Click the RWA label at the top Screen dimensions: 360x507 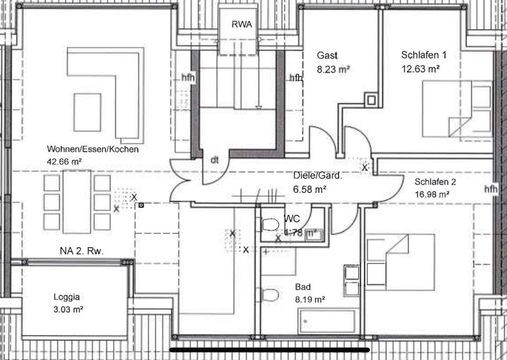[x=242, y=24]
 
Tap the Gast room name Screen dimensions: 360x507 [x=327, y=55]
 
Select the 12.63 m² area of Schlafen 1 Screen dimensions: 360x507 [x=420, y=69]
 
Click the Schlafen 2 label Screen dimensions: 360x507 [x=435, y=182]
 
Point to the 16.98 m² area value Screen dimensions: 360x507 [x=432, y=194]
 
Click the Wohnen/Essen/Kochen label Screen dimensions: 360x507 [x=93, y=149]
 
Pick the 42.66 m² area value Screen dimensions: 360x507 [x=65, y=162]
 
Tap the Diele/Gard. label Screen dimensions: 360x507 [x=318, y=176]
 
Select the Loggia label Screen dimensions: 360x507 [x=67, y=297]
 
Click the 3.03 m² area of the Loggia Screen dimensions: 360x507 [x=68, y=309]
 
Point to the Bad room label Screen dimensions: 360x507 [x=303, y=287]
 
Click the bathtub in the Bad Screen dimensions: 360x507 [x=327, y=321]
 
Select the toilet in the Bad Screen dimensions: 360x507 [x=270, y=295]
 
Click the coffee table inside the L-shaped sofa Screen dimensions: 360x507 [x=87, y=112]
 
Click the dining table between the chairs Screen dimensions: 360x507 [x=77, y=202]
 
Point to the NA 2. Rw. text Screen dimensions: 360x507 [x=82, y=251]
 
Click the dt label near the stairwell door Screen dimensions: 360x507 [x=215, y=160]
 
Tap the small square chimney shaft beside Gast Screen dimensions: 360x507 [x=371, y=100]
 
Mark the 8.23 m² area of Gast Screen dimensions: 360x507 [x=333, y=70]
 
